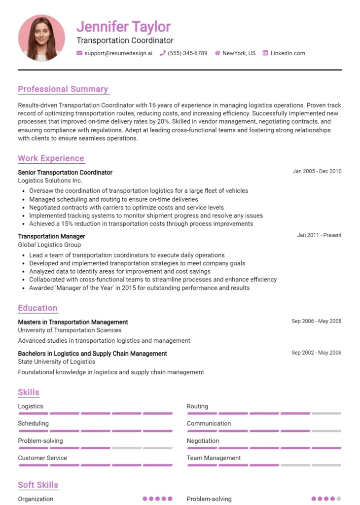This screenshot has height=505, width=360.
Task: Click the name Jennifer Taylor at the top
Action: point(123,27)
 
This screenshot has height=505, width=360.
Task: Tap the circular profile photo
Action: point(41,38)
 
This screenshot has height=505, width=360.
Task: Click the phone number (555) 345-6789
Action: point(187,53)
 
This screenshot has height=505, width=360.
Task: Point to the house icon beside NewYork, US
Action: point(217,53)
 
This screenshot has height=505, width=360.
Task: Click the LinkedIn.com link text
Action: point(288,53)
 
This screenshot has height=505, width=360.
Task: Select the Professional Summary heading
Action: point(63,89)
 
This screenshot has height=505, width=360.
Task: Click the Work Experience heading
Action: point(51,158)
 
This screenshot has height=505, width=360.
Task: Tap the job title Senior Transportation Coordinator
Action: point(65,173)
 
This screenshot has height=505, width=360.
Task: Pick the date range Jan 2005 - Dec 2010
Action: point(317,172)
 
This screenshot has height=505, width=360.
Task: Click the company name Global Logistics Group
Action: point(49,245)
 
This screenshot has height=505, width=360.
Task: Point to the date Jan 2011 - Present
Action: point(319,235)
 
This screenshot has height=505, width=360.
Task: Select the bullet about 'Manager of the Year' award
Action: point(139,288)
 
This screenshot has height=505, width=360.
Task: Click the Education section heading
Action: point(38,308)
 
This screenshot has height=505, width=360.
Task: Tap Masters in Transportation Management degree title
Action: point(73,322)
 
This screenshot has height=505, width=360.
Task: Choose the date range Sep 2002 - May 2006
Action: point(316,353)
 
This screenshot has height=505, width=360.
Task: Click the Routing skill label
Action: point(197,406)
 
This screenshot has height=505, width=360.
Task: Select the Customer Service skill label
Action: point(42,458)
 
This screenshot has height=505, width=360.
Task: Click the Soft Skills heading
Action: point(38,485)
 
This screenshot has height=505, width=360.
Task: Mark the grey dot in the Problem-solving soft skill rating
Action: point(339,499)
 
